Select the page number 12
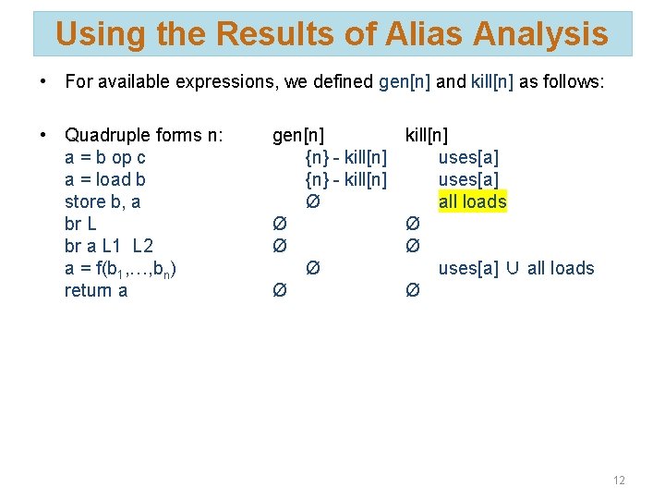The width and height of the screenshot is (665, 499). click(619, 480)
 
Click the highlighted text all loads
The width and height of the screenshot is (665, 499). click(472, 201)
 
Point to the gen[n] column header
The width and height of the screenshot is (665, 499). click(297, 135)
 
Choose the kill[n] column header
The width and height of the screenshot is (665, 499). click(427, 135)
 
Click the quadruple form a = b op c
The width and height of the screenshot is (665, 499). click(104, 157)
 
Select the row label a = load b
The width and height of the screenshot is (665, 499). click(104, 179)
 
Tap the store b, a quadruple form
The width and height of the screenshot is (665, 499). click(102, 201)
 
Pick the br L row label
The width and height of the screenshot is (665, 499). click(80, 224)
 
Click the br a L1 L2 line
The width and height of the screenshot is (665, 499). click(108, 246)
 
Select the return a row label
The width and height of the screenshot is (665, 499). click(95, 290)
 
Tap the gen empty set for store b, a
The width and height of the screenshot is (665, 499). click(312, 201)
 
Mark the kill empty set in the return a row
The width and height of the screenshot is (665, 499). click(412, 290)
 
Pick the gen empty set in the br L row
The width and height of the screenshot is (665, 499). click(279, 224)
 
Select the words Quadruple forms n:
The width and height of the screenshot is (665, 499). click(143, 135)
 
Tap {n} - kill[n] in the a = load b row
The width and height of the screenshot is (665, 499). click(345, 179)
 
